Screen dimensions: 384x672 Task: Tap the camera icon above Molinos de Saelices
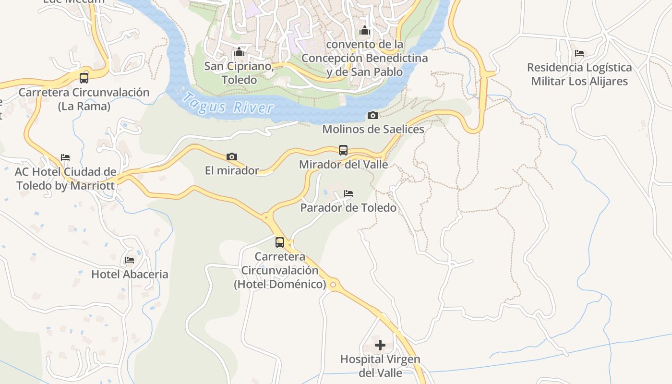pos(372,115)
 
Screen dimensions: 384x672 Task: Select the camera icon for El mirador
pos(232,156)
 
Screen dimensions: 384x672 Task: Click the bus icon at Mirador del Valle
pos(343,150)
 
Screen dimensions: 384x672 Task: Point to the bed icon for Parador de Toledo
pos(348,193)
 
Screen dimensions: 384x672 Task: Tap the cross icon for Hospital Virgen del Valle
pos(380,345)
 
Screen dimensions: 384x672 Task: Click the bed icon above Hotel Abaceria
pos(130,260)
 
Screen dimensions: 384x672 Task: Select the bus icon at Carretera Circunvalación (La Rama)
pos(84,78)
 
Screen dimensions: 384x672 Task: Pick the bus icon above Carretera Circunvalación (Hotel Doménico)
pos(280,242)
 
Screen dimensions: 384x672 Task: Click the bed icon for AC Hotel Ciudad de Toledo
pos(65,157)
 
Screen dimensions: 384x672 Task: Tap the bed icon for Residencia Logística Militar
pos(579,53)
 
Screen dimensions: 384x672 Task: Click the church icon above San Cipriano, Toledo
pos(239,52)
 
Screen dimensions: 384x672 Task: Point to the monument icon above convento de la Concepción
pos(365,30)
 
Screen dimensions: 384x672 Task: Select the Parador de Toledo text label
pos(348,208)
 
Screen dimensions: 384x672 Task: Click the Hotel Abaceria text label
pos(130,275)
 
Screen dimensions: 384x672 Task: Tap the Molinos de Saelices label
pos(373,129)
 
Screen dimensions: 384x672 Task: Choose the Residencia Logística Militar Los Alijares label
pos(579,74)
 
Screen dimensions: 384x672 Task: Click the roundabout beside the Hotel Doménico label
pos(333,285)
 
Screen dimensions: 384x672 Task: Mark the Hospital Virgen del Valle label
pos(380,366)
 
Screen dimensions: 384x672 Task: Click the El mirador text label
pos(232,170)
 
